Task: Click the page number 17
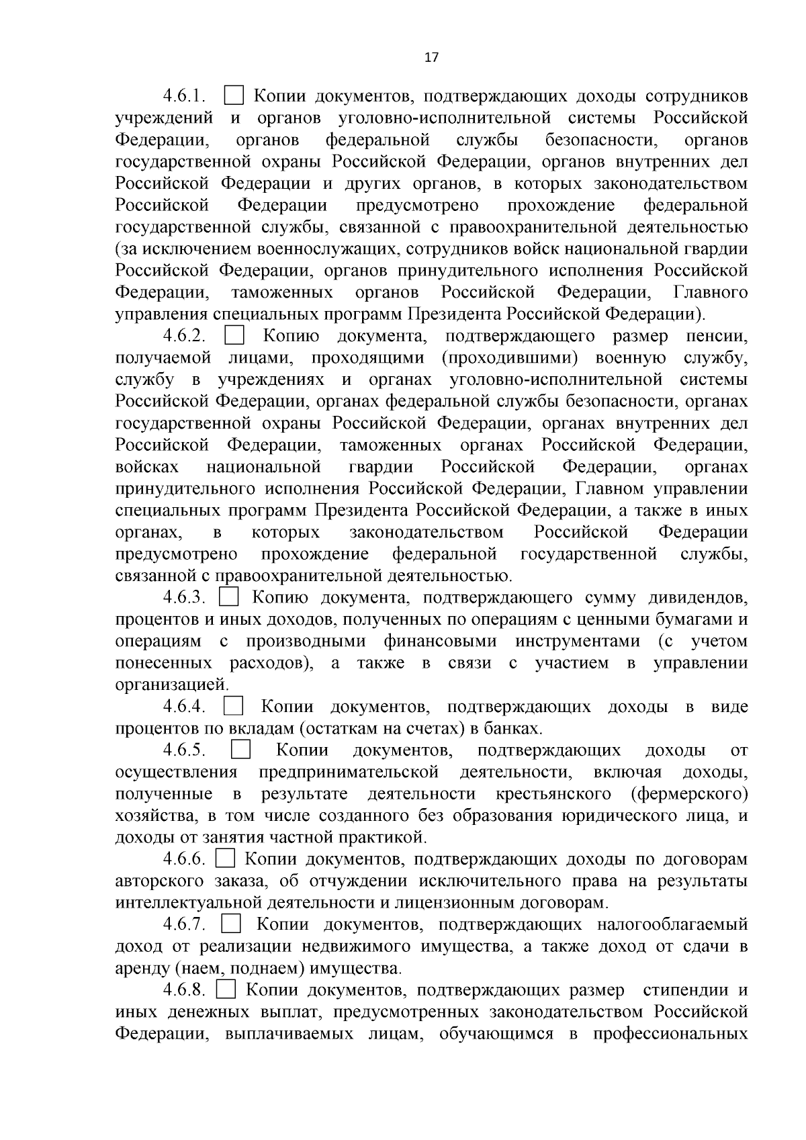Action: coord(431,57)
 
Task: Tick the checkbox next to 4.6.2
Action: coord(234,335)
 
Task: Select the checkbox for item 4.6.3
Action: coord(230,597)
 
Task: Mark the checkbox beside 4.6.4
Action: coord(234,706)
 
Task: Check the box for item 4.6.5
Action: coord(240,750)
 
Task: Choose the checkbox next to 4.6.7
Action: coord(230,924)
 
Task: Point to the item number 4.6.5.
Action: coord(183,750)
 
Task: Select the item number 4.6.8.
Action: coord(183,990)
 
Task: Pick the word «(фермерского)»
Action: coord(690,794)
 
